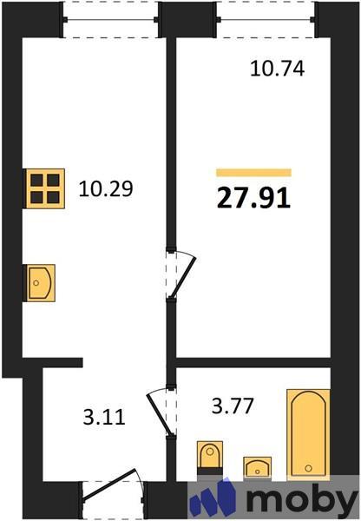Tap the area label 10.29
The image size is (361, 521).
(105, 188)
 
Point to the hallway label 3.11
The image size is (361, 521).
(103, 418)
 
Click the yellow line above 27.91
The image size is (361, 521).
(253, 172)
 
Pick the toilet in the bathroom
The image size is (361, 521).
(211, 458)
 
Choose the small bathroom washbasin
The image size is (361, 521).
(257, 467)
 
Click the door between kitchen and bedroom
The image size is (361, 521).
(180, 274)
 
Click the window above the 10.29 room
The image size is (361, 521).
(111, 18)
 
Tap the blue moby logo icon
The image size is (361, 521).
(213, 498)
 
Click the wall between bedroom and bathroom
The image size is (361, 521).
(252, 362)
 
